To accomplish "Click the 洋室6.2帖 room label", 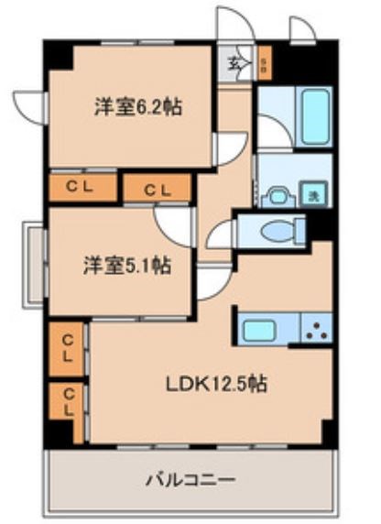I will [136, 107].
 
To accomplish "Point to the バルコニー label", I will [190, 479].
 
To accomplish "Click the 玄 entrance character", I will [234, 64].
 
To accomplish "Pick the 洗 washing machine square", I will [312, 194].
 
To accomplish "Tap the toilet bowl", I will [276, 232].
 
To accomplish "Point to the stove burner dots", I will [318, 331].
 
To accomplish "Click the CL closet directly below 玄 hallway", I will [157, 190].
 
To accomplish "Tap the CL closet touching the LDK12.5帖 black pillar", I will [68, 402].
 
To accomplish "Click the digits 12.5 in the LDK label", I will [232, 385].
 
